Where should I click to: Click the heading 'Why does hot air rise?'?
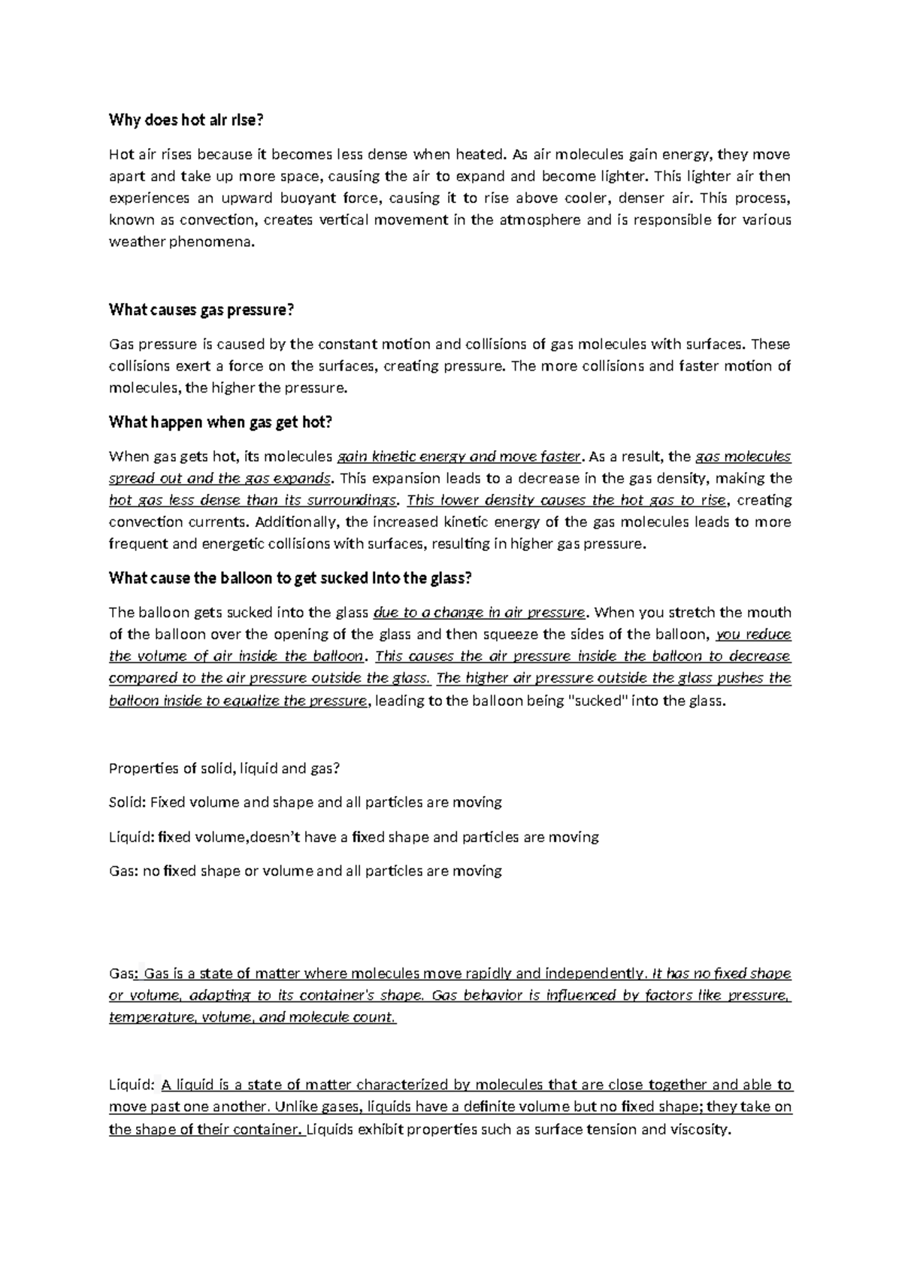pos(187,120)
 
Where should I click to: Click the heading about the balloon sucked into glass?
pos(290,578)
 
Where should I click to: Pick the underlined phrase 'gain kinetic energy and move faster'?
pos(459,456)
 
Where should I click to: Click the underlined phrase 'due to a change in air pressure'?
pos(479,613)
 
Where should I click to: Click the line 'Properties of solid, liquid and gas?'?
pos(225,768)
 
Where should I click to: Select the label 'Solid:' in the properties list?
pos(127,802)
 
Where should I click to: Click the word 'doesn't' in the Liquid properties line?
pos(286,837)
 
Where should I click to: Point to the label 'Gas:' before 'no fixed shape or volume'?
pos(123,871)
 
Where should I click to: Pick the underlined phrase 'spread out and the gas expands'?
pos(219,478)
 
